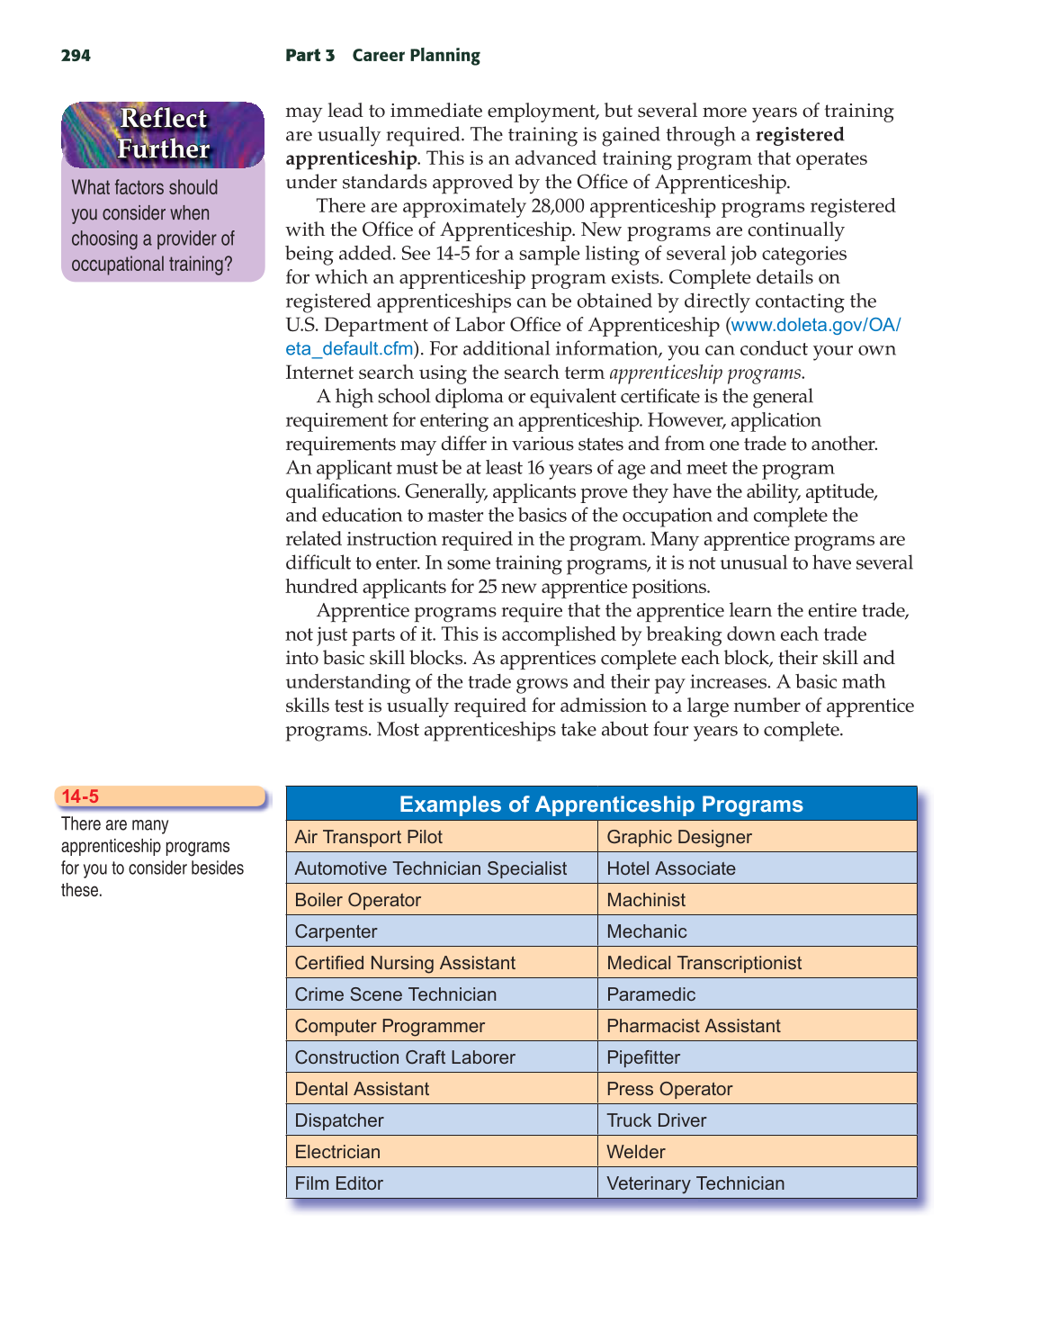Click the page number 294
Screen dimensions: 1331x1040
point(76,56)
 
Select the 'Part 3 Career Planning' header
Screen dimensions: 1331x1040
point(382,56)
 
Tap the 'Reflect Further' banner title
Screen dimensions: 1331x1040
point(163,134)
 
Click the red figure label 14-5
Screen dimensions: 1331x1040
point(80,796)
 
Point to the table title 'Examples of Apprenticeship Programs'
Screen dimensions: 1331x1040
point(601,805)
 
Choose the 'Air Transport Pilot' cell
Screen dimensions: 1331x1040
point(369,837)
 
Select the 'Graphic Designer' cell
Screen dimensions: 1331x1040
point(679,837)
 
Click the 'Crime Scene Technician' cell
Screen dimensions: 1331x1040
point(396,994)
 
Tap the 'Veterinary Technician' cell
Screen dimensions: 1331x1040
point(695,1183)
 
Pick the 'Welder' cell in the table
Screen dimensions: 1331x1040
point(636,1152)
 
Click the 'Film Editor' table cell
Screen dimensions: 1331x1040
point(339,1183)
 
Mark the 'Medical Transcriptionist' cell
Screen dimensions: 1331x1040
point(704,963)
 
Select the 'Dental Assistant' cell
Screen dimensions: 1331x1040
point(363,1089)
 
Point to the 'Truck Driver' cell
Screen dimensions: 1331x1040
point(657,1120)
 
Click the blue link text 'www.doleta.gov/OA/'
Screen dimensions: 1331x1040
point(816,325)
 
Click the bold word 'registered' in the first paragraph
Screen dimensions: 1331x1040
point(800,135)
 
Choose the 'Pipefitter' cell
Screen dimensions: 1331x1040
point(644,1057)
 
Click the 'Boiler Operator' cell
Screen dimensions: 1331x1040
point(358,900)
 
